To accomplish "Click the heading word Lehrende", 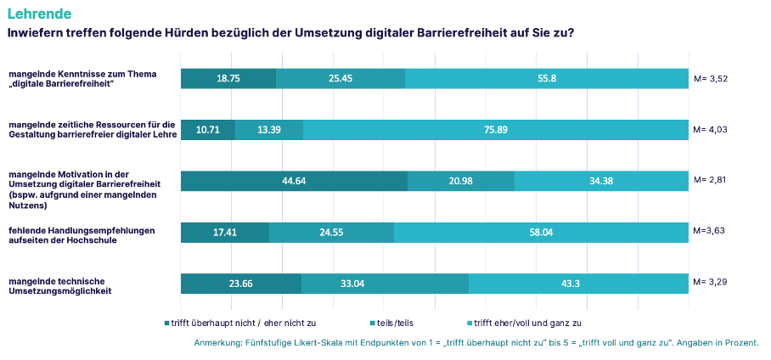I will [39, 14].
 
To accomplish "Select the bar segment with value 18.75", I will [228, 78].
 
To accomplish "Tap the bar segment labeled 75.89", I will [495, 130].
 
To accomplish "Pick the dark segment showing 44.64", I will [294, 181].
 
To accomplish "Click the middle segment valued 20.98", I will [461, 181].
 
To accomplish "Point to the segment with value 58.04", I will [541, 233].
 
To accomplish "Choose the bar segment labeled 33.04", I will [385, 284].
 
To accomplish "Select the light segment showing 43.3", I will [578, 284].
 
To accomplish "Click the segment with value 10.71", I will [208, 130].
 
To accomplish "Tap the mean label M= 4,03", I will [711, 130].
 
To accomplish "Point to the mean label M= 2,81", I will [711, 180].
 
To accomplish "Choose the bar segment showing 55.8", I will [547, 78].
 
